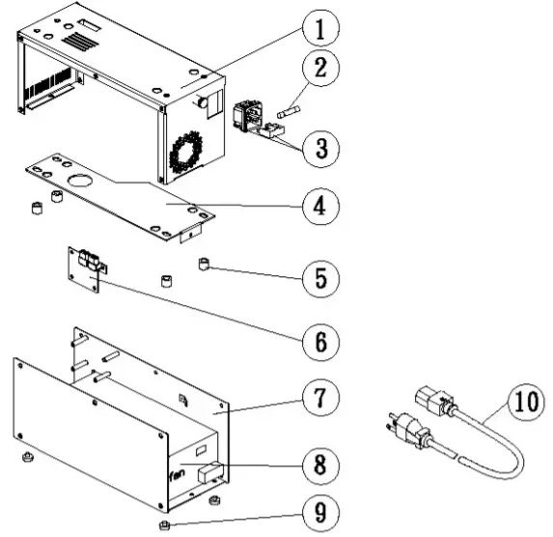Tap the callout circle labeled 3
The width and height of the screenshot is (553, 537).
tap(317, 148)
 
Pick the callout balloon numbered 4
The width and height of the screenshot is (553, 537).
tap(317, 207)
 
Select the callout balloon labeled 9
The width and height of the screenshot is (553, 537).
tap(318, 512)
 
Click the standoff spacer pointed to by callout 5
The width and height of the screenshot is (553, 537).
tap(204, 264)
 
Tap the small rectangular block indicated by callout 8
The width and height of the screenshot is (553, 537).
tap(209, 473)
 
